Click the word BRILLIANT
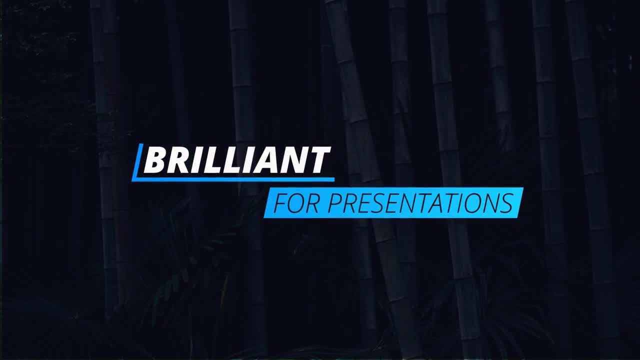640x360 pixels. [x=237, y=160]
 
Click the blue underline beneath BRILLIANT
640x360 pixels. [x=233, y=179]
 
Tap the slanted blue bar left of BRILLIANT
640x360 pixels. [x=137, y=161]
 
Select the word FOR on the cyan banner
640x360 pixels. [x=295, y=203]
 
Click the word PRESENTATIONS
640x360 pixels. [x=420, y=203]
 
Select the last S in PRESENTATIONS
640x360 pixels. [x=506, y=203]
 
